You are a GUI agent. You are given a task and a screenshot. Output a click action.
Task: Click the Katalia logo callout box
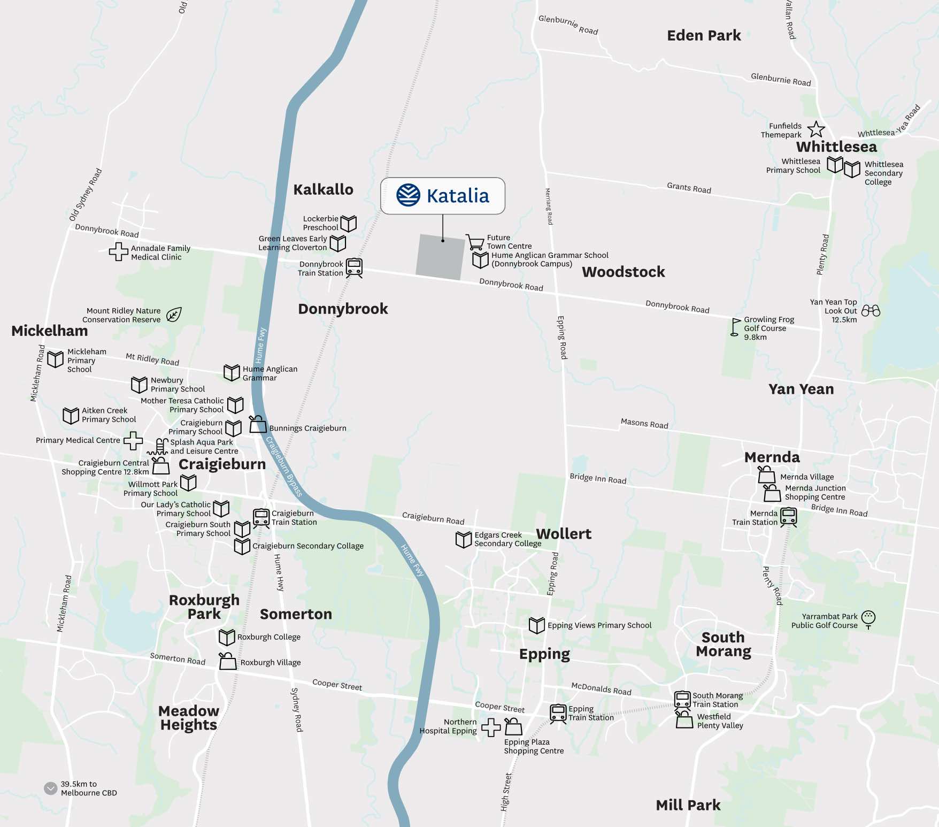pyautogui.click(x=442, y=196)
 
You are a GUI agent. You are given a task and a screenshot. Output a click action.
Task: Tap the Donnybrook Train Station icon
pyautogui.click(x=354, y=267)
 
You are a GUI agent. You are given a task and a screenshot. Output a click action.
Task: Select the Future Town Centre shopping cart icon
pyautogui.click(x=475, y=242)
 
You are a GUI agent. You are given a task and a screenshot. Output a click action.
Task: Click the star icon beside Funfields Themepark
pyautogui.click(x=816, y=129)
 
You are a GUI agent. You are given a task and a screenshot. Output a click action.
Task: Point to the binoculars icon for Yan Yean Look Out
pyautogui.click(x=871, y=311)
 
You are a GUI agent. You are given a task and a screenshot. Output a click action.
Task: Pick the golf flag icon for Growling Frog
pyautogui.click(x=736, y=327)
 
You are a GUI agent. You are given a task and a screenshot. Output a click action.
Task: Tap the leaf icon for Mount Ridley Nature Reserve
pyautogui.click(x=174, y=315)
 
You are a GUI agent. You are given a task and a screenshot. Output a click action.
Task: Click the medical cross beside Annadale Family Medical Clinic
pyautogui.click(x=118, y=251)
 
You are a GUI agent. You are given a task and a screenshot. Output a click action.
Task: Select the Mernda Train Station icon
pyautogui.click(x=788, y=517)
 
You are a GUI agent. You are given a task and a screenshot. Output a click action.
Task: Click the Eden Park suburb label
pyautogui.click(x=704, y=36)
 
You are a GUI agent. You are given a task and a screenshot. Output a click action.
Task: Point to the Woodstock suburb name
pyautogui.click(x=623, y=272)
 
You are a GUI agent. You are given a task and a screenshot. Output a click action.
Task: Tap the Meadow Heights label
pyautogui.click(x=189, y=718)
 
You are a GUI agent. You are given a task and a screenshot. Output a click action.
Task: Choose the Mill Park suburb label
pyautogui.click(x=688, y=805)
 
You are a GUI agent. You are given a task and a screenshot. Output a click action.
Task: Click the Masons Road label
pyautogui.click(x=644, y=424)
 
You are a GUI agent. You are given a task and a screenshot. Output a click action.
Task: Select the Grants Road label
pyautogui.click(x=689, y=188)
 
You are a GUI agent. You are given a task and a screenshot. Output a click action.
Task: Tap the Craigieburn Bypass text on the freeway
pyautogui.click(x=284, y=466)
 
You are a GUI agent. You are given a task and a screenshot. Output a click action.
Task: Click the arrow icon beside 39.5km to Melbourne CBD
pyautogui.click(x=51, y=788)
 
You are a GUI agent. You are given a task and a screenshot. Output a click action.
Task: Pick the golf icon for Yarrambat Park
pyautogui.click(x=868, y=619)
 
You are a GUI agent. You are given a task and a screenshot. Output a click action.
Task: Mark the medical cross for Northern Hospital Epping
pyautogui.click(x=491, y=727)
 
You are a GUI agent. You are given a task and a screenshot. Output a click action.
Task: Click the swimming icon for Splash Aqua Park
pyautogui.click(x=159, y=447)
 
